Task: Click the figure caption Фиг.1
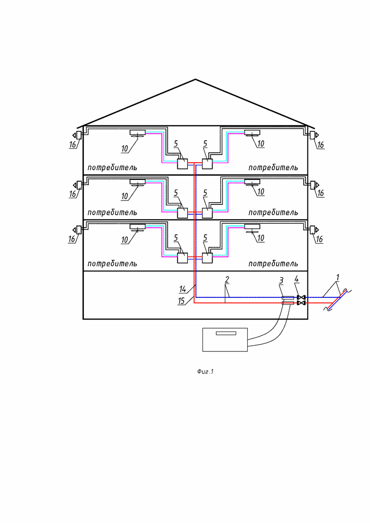(205, 371)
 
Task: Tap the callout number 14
(183, 289)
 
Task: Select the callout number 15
(181, 301)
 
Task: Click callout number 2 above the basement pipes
(227, 279)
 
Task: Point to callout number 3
(281, 281)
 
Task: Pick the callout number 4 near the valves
(296, 279)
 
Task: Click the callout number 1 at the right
(338, 277)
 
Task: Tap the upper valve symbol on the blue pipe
(301, 297)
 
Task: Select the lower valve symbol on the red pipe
(301, 303)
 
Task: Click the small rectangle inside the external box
(226, 333)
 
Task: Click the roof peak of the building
(195, 79)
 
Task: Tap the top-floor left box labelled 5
(183, 164)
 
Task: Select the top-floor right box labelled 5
(207, 164)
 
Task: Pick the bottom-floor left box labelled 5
(183, 258)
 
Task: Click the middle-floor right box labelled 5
(207, 213)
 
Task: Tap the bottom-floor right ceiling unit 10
(252, 229)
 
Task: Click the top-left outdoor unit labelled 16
(78, 135)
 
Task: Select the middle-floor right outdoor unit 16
(314, 185)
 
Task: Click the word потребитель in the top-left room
(112, 167)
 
